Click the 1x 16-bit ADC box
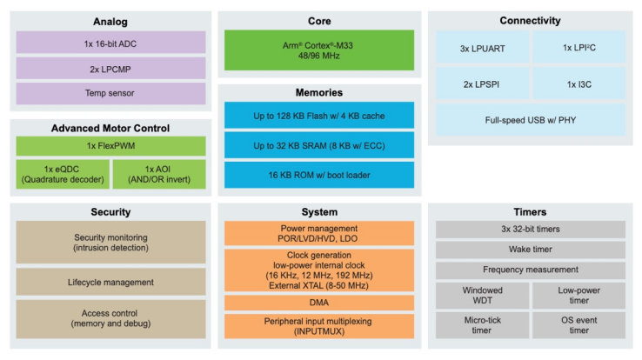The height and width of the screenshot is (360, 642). pyautogui.click(x=110, y=42)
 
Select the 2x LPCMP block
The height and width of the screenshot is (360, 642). pyautogui.click(x=110, y=67)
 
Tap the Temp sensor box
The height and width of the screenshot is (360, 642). pyautogui.click(x=110, y=92)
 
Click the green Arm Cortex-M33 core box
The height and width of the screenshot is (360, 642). pyautogui.click(x=318, y=49)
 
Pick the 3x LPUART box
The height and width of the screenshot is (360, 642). pyautogui.click(x=481, y=49)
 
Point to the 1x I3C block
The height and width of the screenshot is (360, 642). pyautogui.click(x=578, y=83)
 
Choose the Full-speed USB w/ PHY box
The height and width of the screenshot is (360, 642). pyautogui.click(x=530, y=119)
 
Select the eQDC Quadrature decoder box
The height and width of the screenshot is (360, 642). pyautogui.click(x=63, y=173)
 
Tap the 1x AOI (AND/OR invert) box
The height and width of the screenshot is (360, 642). pyautogui.click(x=159, y=173)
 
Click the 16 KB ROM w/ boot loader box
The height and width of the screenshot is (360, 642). pyautogui.click(x=318, y=174)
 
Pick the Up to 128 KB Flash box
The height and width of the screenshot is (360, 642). pyautogui.click(x=318, y=115)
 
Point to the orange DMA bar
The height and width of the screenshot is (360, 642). pyautogui.click(x=318, y=303)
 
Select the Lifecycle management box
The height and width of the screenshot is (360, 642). pyautogui.click(x=110, y=281)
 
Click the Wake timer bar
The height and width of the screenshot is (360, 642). pyautogui.click(x=530, y=250)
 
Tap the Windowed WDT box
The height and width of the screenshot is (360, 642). pyautogui.click(x=481, y=295)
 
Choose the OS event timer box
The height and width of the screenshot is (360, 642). pyautogui.click(x=578, y=324)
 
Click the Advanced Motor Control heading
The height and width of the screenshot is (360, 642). pyautogui.click(x=110, y=128)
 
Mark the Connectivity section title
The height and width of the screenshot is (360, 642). pyautogui.click(x=530, y=20)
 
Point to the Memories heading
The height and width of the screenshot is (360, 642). pyautogui.click(x=318, y=92)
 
